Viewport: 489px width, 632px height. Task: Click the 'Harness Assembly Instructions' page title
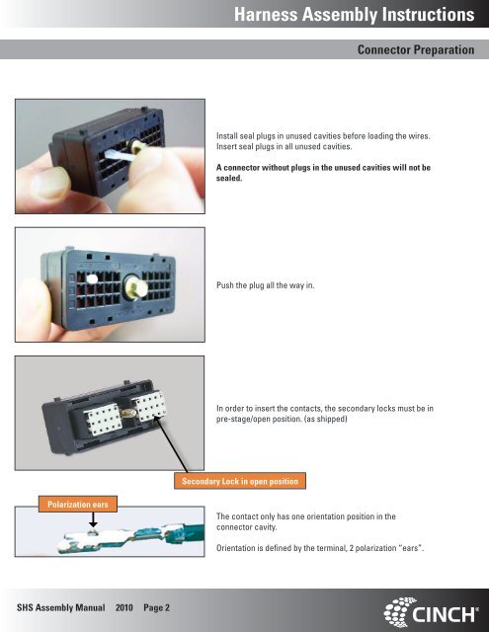pyautogui.click(x=354, y=15)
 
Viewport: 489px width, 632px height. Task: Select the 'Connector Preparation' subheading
pyautogui.click(x=416, y=49)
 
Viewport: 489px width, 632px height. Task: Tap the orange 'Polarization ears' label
pyautogui.click(x=78, y=505)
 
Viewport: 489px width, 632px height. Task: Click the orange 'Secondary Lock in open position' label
pyautogui.click(x=240, y=481)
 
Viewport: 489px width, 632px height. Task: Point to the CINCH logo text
pyautogui.click(x=444, y=614)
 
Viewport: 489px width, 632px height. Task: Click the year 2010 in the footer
pyautogui.click(x=124, y=607)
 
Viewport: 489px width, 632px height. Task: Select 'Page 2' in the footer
pyautogui.click(x=156, y=607)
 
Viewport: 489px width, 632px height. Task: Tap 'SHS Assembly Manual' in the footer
pyautogui.click(x=61, y=607)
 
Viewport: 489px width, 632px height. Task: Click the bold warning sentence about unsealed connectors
pyautogui.click(x=323, y=173)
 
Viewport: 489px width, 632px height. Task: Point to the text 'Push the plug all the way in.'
pyautogui.click(x=266, y=285)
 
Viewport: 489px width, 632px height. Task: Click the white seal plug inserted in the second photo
pyautogui.click(x=92, y=278)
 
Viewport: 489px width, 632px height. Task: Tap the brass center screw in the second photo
pyautogui.click(x=134, y=287)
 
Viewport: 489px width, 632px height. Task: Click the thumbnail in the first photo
pyautogui.click(x=50, y=183)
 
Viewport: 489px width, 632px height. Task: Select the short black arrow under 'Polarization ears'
pyautogui.click(x=93, y=519)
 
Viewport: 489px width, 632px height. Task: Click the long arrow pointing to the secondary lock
pyautogui.click(x=171, y=445)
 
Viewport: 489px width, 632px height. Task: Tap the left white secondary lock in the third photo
pyautogui.click(x=103, y=421)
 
